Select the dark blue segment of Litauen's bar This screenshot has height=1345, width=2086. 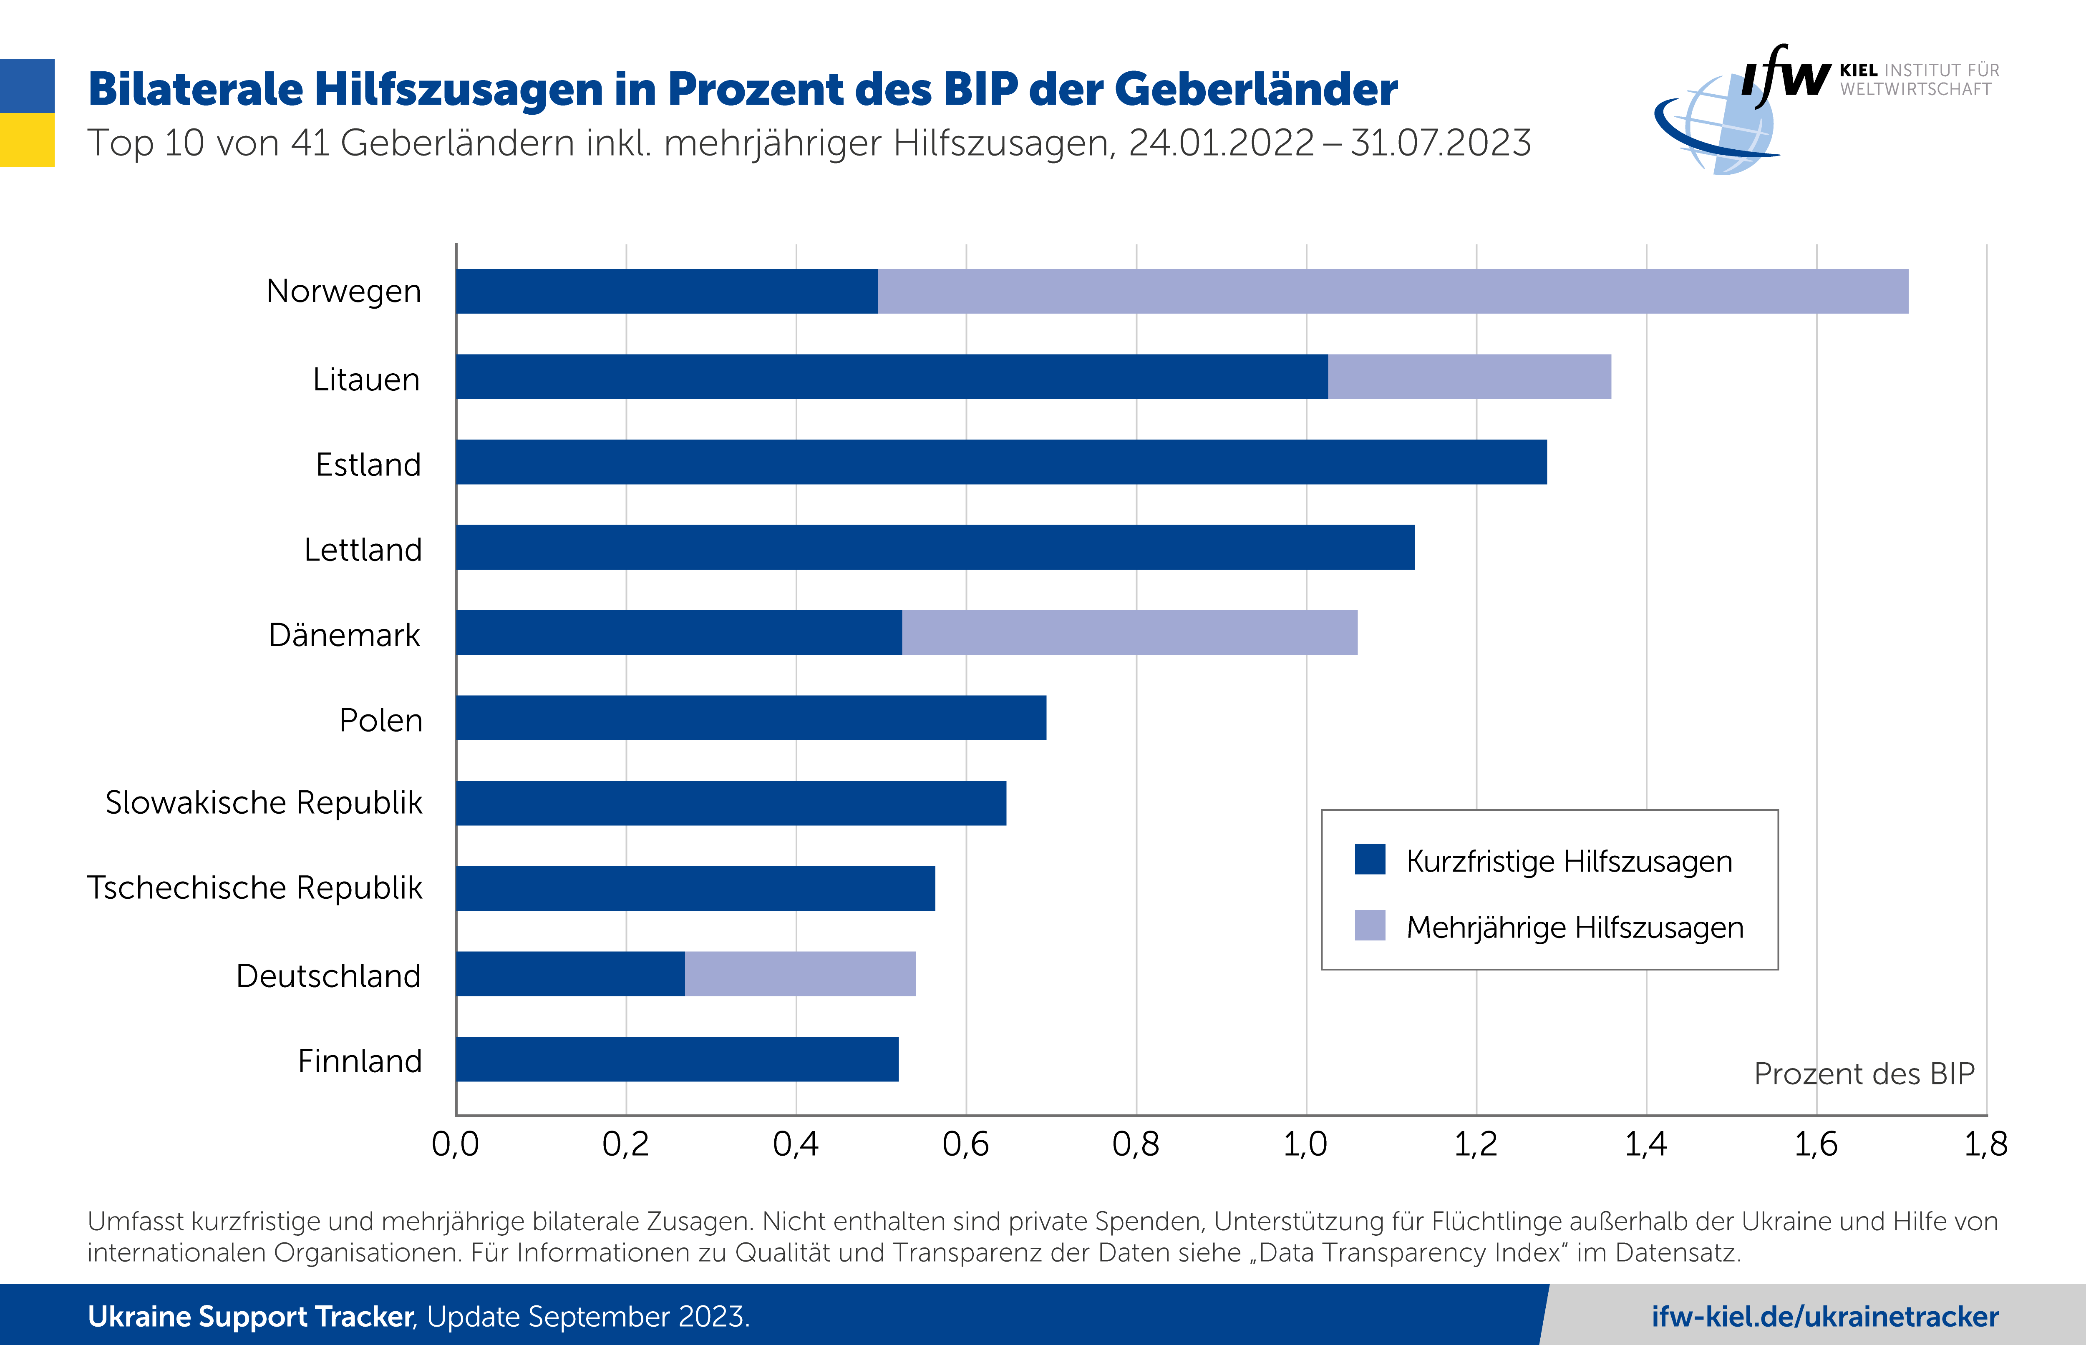click(891, 377)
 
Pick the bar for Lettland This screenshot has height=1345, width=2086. click(935, 547)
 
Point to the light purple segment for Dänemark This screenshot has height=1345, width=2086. click(1129, 632)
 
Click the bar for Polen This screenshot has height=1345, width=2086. click(751, 718)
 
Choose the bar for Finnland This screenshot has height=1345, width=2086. click(677, 1058)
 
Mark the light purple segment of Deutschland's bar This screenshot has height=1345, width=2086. click(800, 974)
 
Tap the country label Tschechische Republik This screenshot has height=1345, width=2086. click(255, 887)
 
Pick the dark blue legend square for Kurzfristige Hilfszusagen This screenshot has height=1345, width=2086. click(1370, 860)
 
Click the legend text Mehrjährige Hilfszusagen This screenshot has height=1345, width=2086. click(1574, 927)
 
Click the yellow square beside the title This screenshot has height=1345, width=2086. click(27, 140)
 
